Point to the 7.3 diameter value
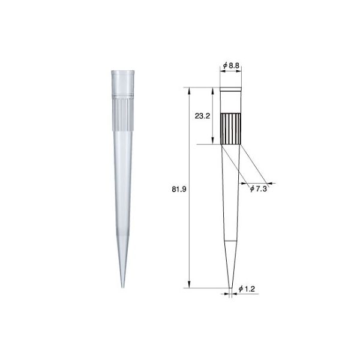coord(262,188)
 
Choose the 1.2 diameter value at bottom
coord(247,289)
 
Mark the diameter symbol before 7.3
coord(251,188)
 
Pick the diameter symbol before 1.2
coord(239,289)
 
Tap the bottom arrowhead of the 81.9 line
coord(190,285)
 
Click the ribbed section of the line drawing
coord(232,128)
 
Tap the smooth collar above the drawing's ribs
coord(232,100)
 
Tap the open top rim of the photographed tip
coord(121,71)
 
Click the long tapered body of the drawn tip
coord(232,198)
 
